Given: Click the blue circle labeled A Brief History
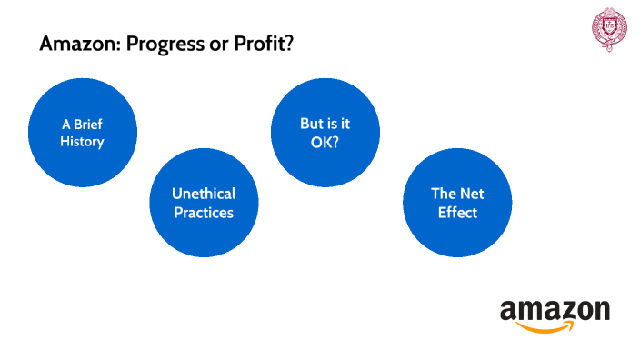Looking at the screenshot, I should [83, 133].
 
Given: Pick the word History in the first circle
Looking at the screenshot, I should [83, 142].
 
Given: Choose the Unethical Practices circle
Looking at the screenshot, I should [204, 203].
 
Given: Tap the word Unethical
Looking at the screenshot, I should [204, 194].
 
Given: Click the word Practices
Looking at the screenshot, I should [204, 213].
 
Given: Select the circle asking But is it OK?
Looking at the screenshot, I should [325, 133].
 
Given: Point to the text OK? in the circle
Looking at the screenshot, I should [325, 142].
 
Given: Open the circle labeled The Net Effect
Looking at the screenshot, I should [455, 203].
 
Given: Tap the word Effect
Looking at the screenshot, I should [455, 213].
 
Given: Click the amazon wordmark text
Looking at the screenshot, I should [555, 311].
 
